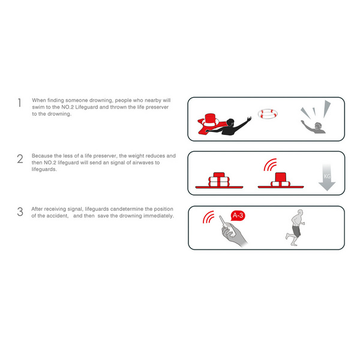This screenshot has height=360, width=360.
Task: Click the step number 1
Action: pyautogui.click(x=20, y=103)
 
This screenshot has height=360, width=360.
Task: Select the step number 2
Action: pyautogui.click(x=20, y=159)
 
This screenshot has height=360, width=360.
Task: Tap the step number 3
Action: pyautogui.click(x=20, y=212)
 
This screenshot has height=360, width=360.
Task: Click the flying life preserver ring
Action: pyautogui.click(x=268, y=113)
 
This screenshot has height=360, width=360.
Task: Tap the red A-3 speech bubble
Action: pyautogui.click(x=238, y=215)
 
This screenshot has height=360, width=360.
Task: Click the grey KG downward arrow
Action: pyautogui.click(x=327, y=177)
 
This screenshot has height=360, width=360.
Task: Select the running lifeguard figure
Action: pyautogui.click(x=295, y=227)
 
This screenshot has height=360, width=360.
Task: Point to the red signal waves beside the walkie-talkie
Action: pyautogui.click(x=208, y=217)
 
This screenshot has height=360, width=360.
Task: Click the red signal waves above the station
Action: pyautogui.click(x=270, y=164)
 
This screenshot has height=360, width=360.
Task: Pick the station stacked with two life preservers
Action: pyautogui.click(x=219, y=180)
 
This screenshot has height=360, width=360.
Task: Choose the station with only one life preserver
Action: pyautogui.click(x=281, y=181)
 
